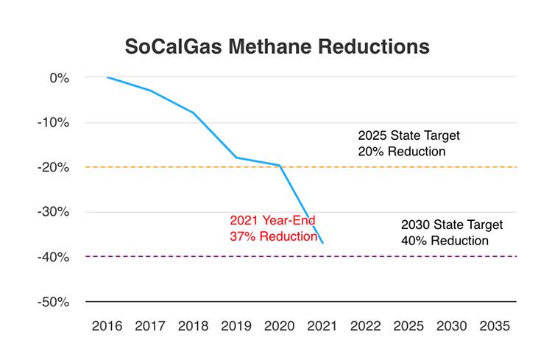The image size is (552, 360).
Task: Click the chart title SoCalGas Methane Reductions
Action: pos(277,46)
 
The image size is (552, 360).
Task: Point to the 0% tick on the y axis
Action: pos(60,77)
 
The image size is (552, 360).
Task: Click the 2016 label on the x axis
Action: pos(107,325)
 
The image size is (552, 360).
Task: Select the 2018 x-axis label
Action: pos(194,325)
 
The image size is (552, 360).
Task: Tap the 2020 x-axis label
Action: pos(280,325)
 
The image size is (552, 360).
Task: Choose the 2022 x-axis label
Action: pos(366,325)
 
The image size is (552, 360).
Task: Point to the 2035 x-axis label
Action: pos(495,325)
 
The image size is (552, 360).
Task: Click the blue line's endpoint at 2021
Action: pos(322,242)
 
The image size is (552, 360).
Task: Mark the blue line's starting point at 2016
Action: pos(107,77)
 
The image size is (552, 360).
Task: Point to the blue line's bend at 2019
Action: pos(236,158)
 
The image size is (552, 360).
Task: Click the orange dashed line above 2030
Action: pos(452,167)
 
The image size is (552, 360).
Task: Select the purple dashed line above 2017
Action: pos(150,256)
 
